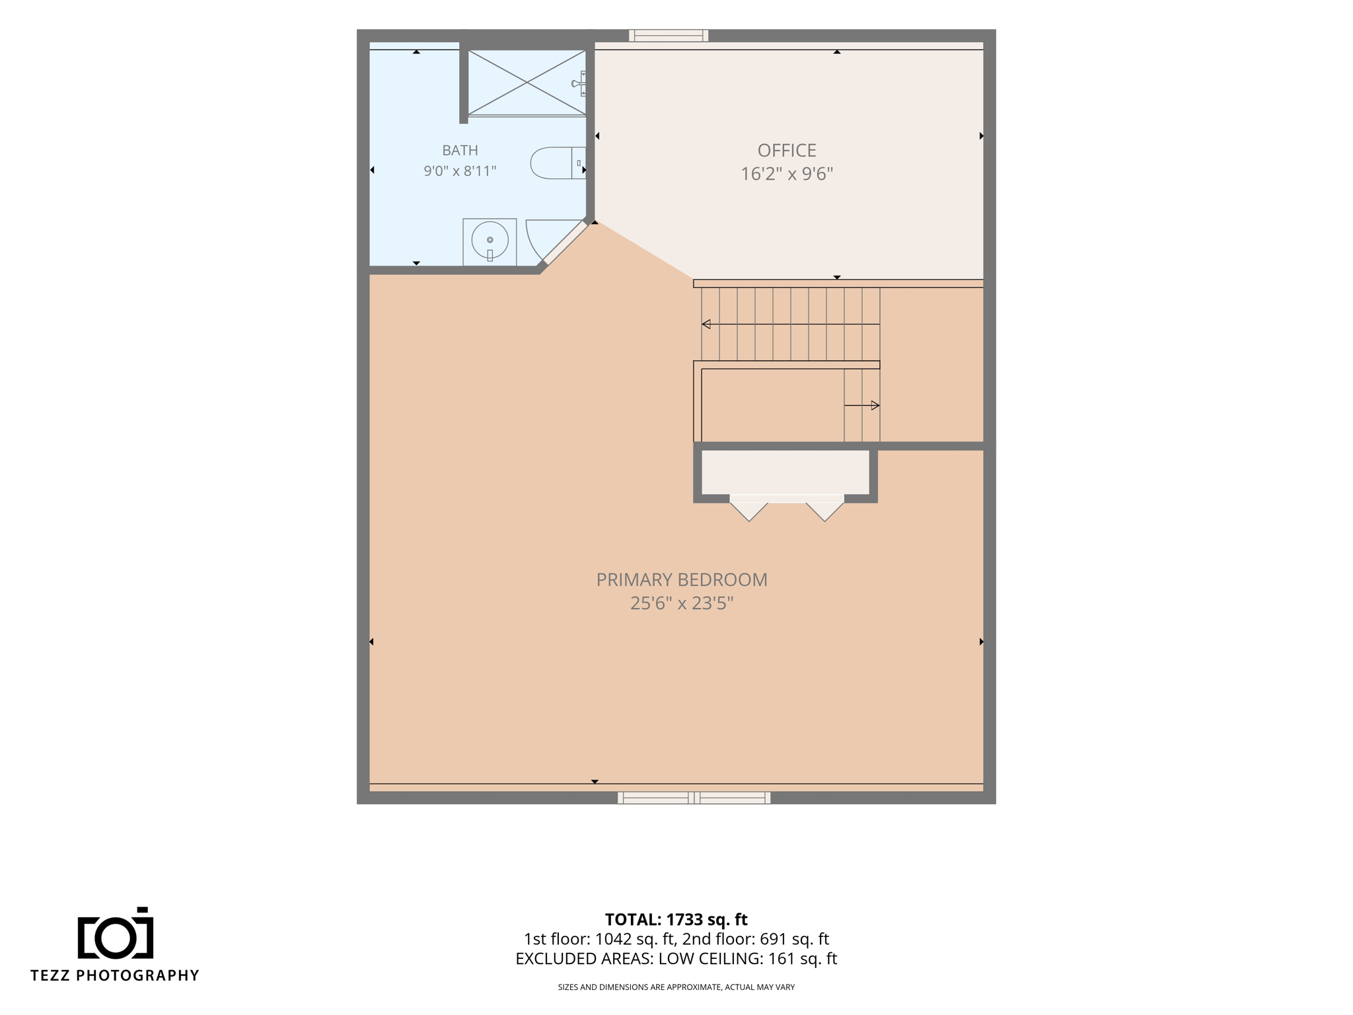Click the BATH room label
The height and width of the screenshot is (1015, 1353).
pyautogui.click(x=460, y=151)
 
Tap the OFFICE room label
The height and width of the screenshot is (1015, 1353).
pyautogui.click(x=787, y=151)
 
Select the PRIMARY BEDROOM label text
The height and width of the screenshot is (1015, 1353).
pyautogui.click(x=682, y=580)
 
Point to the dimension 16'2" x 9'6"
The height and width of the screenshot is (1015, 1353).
pyautogui.click(x=787, y=174)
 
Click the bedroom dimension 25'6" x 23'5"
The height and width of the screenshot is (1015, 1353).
pyautogui.click(x=682, y=603)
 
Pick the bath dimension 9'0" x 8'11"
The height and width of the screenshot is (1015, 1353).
pyautogui.click(x=460, y=171)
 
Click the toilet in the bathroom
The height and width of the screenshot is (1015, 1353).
pyautogui.click(x=558, y=163)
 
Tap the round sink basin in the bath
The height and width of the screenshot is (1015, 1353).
pyautogui.click(x=490, y=240)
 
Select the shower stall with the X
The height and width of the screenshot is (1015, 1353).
pyautogui.click(x=527, y=83)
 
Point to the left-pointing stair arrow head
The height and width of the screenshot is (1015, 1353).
pyautogui.click(x=706, y=324)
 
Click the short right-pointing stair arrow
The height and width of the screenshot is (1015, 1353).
pyautogui.click(x=861, y=405)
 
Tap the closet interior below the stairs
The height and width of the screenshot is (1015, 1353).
pyautogui.click(x=785, y=472)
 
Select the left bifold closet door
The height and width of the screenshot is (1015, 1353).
pyautogui.click(x=749, y=509)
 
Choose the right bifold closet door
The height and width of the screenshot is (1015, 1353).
pyautogui.click(x=824, y=509)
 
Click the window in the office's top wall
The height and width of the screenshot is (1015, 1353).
pyautogui.click(x=669, y=36)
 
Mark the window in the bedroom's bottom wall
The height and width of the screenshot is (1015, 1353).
pyautogui.click(x=694, y=798)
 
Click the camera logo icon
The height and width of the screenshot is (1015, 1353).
pyautogui.click(x=116, y=932)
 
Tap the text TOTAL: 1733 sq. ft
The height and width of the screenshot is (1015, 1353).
pyautogui.click(x=676, y=919)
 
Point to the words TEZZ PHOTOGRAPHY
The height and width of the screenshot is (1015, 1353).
pyautogui.click(x=115, y=975)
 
